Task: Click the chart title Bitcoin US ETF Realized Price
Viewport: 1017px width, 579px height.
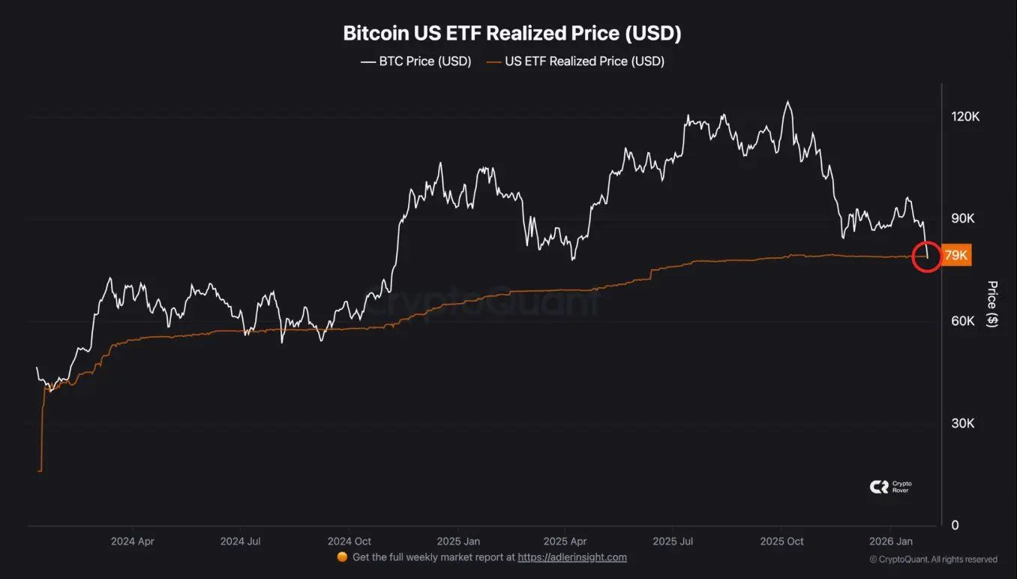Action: pos(511,34)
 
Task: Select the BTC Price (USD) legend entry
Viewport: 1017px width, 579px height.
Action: pos(416,61)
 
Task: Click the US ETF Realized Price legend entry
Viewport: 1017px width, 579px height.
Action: pos(575,61)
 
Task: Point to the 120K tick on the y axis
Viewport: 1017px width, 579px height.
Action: pos(965,117)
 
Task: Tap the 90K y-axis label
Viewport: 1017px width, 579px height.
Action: pos(963,219)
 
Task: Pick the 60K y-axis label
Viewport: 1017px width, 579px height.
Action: pos(963,321)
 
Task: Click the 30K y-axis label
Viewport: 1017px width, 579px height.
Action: pos(963,424)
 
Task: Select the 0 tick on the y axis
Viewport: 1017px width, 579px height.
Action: pos(955,526)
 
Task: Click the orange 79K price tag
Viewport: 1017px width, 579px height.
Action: pos(956,256)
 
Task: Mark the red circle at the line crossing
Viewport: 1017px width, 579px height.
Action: pos(927,256)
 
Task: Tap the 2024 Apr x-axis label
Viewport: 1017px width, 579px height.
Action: pos(132,541)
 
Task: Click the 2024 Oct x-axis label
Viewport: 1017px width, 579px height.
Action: pos(349,541)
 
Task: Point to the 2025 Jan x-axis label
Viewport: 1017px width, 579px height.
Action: pos(459,541)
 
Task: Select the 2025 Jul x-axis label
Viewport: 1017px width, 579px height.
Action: pos(674,541)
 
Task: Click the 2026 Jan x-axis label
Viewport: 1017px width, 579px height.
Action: pos(890,541)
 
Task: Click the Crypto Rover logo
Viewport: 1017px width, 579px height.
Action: pos(890,487)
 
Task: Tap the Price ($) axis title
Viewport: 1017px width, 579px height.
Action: pos(992,304)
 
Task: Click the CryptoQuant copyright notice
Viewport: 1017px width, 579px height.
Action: pos(933,559)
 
